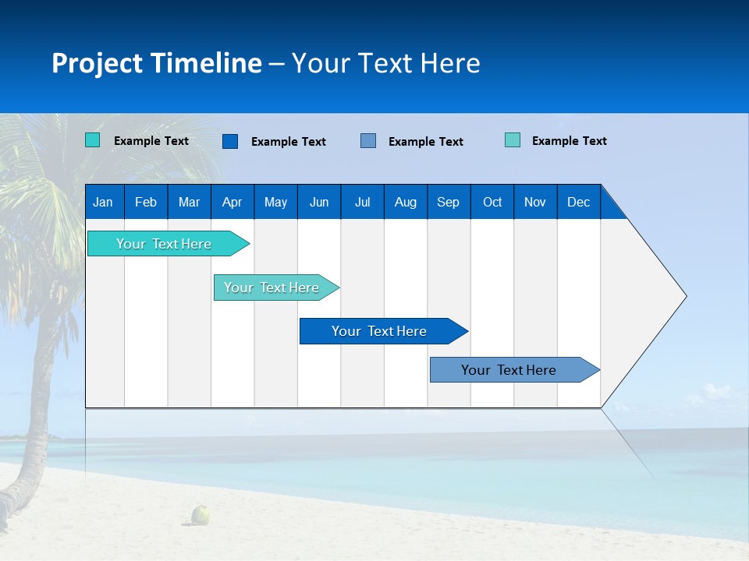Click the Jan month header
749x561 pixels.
point(103,203)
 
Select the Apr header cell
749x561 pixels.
point(232,203)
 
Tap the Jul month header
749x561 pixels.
point(362,203)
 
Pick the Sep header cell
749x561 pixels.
point(448,203)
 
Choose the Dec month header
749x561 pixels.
point(578,203)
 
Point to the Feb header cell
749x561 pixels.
point(146,203)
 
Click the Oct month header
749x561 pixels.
point(492,203)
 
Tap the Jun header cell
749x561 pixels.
point(319,203)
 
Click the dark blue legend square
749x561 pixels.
point(230,141)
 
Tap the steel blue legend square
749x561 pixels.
point(368,141)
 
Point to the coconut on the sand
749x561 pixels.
point(201,514)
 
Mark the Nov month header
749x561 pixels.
point(535,203)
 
